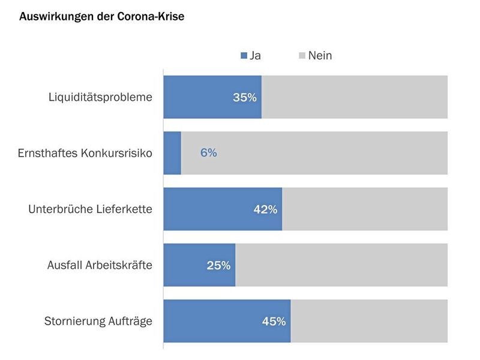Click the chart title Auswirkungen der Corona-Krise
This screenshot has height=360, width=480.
click(x=101, y=17)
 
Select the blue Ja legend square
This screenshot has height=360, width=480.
click(x=244, y=56)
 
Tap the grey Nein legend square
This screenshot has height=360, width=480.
click(x=302, y=56)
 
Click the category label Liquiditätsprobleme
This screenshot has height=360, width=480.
click(x=100, y=97)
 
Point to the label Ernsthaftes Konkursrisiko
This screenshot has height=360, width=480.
click(x=85, y=153)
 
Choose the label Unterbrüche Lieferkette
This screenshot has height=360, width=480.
click(x=90, y=209)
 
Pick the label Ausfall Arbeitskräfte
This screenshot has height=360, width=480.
click(x=100, y=265)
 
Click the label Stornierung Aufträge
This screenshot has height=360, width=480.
click(x=98, y=321)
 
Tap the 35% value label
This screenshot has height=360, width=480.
click(x=245, y=97)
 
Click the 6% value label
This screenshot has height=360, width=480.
click(x=209, y=153)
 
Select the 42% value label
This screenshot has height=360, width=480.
click(x=265, y=209)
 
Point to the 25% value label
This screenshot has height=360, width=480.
click(x=218, y=265)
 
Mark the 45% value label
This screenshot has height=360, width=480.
click(x=274, y=321)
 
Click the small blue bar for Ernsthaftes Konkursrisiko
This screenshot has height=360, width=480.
click(x=172, y=153)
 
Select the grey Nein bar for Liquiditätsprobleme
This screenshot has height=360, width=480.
click(x=354, y=97)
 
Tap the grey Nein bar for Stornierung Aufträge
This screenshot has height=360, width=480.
click(x=369, y=321)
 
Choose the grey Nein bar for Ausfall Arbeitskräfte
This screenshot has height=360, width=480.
click(x=341, y=265)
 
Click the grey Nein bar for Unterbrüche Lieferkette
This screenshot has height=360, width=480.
click(x=365, y=209)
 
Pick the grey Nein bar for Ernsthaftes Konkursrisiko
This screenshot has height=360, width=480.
click(x=330, y=153)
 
